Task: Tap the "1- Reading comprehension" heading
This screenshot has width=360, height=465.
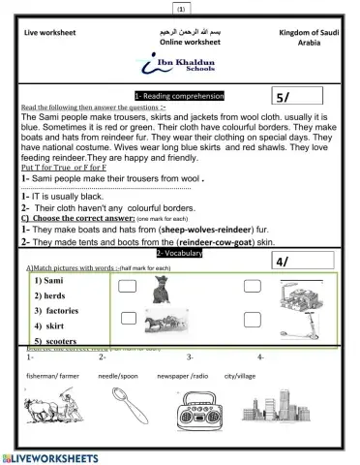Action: (x=179, y=96)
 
